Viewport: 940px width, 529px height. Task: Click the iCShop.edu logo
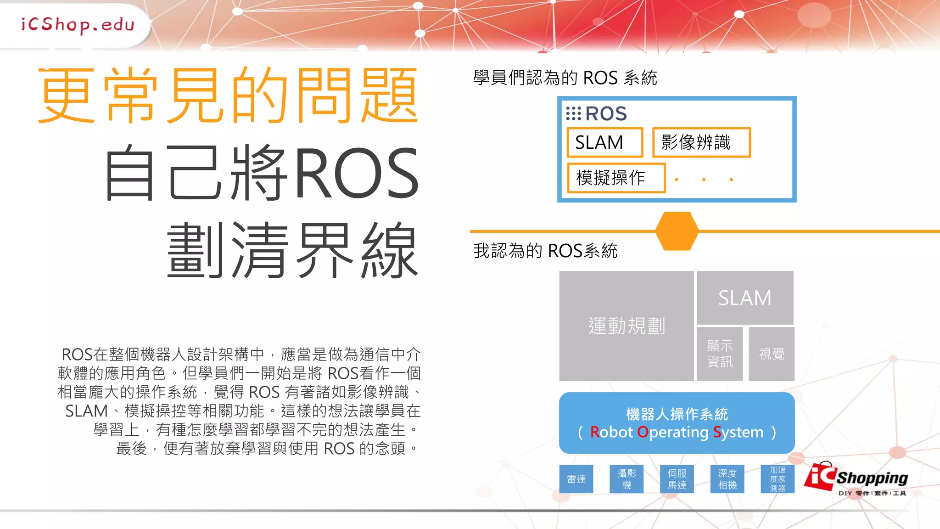point(77,24)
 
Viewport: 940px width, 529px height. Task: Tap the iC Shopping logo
point(856,479)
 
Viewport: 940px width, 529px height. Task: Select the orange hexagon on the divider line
point(677,231)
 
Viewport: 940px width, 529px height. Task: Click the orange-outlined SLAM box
point(604,142)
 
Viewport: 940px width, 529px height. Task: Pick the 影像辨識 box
point(701,142)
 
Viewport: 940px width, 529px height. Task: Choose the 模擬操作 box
point(616,178)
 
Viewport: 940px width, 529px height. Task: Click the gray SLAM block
point(744,298)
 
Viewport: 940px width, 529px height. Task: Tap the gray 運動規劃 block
point(626,326)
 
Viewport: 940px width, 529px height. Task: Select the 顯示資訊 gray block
point(719,354)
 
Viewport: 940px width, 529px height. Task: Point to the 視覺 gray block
point(771,354)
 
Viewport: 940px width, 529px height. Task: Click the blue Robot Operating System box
point(677,423)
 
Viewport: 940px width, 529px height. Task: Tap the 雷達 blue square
point(576,479)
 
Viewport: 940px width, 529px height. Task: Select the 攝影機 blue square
point(627,479)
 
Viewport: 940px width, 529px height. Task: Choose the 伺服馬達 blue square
point(677,479)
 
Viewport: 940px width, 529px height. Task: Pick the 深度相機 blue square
point(727,479)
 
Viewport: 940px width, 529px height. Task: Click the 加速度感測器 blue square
point(778,479)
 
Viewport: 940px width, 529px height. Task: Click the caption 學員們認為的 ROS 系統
point(565,78)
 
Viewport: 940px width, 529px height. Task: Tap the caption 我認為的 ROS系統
point(545,251)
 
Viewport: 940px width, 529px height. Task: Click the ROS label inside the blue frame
point(597,113)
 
